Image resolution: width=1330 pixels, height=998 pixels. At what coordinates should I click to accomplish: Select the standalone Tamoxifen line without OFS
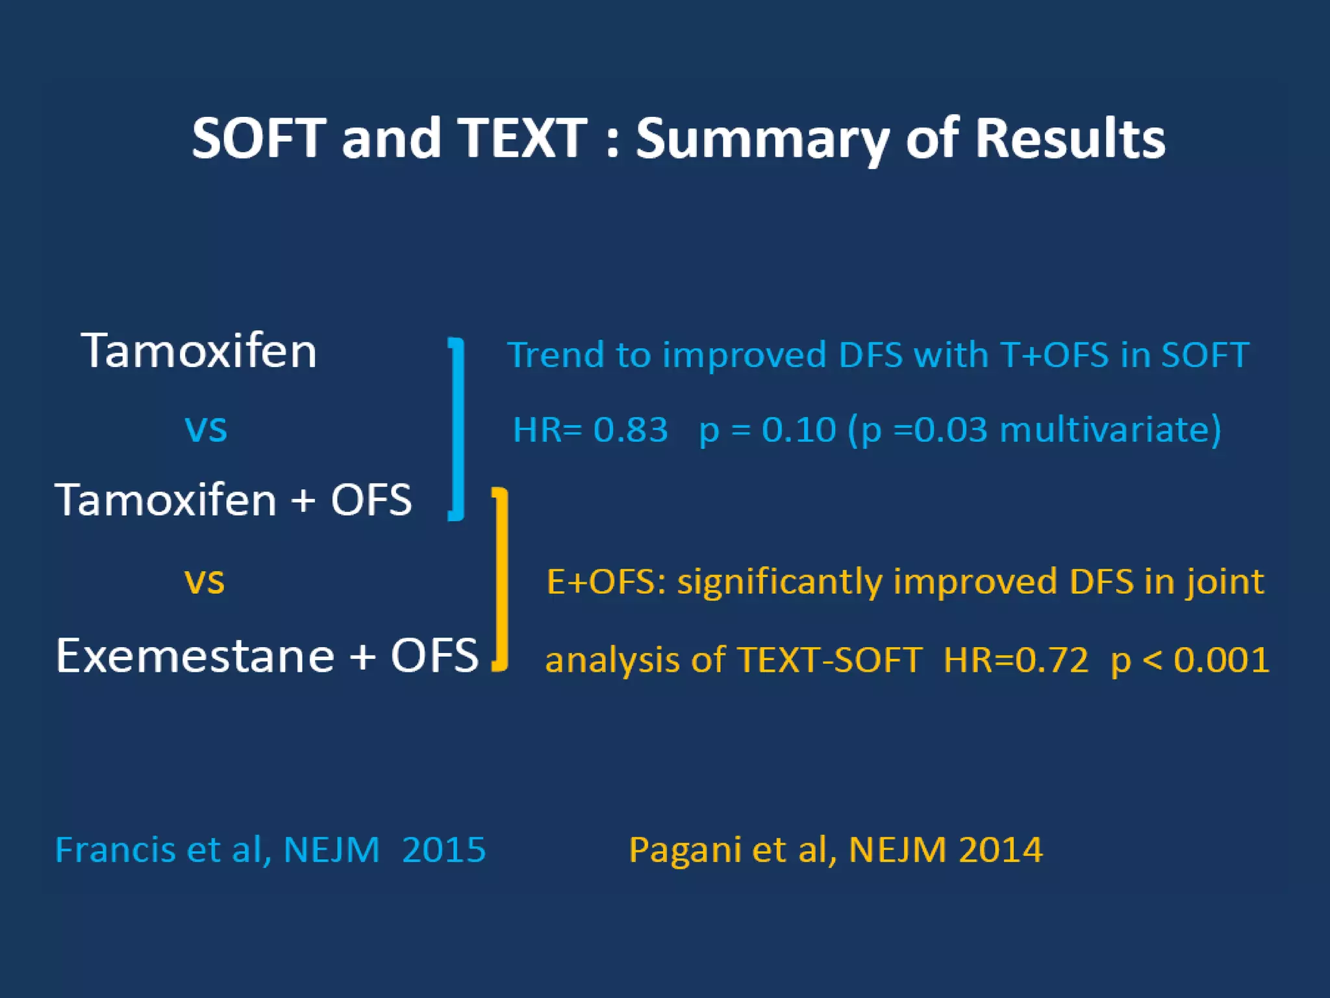(x=199, y=351)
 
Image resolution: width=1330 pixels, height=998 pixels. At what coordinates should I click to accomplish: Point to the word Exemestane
(x=195, y=656)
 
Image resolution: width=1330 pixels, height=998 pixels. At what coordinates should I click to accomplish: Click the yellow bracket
(x=501, y=578)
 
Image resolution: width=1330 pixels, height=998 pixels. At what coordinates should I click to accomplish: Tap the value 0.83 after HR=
(x=630, y=430)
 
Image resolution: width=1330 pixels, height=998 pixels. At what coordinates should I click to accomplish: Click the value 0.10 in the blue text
(x=798, y=430)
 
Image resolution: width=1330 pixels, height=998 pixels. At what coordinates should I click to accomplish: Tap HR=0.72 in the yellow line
(x=1015, y=660)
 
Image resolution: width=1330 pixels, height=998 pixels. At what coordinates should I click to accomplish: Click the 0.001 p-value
(x=1221, y=660)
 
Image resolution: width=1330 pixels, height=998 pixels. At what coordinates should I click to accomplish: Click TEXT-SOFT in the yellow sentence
(x=830, y=660)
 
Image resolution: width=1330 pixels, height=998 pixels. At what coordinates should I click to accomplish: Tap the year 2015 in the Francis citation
(x=444, y=850)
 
